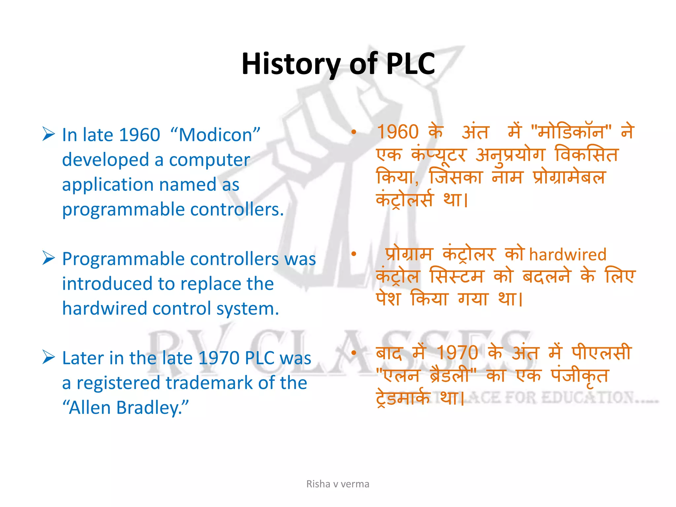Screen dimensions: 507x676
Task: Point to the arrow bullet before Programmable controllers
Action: [x=49, y=258]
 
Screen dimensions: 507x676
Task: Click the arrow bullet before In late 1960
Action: [x=49, y=134]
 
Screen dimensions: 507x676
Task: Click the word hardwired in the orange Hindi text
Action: [x=568, y=255]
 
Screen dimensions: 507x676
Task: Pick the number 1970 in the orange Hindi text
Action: [x=457, y=353]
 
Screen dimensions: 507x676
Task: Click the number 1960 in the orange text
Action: [x=398, y=132]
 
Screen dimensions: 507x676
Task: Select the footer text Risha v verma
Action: [x=338, y=484]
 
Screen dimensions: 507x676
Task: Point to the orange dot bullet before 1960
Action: [x=354, y=132]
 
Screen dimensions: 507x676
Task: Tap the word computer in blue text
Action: [x=209, y=160]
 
